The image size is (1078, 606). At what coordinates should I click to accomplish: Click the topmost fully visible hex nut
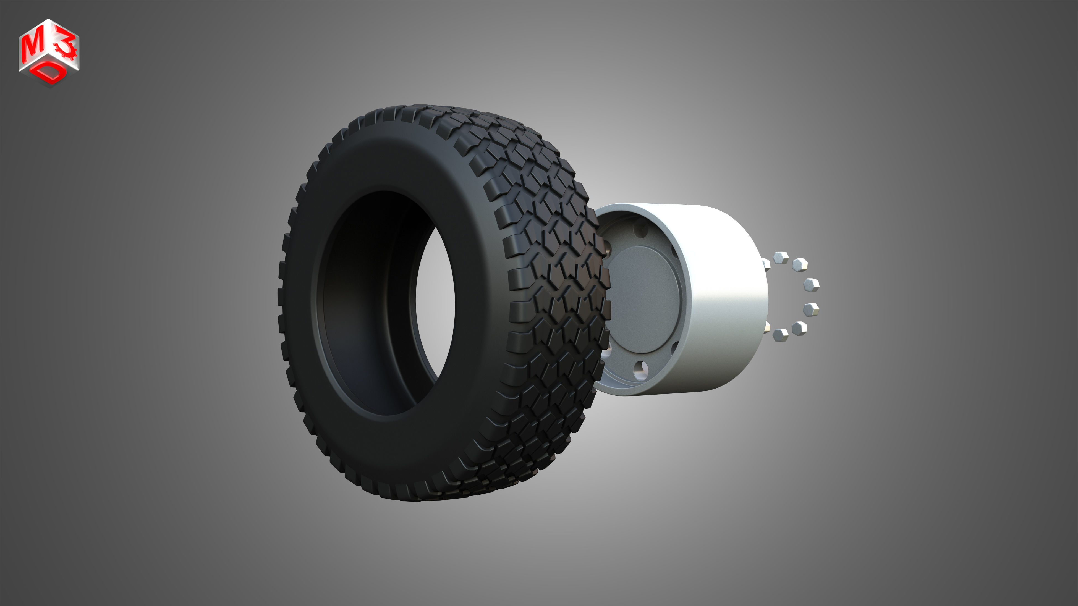pyautogui.click(x=781, y=258)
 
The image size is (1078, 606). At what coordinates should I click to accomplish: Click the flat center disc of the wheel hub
pyautogui.click(x=642, y=299)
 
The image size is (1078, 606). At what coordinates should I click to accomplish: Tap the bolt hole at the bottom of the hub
pyautogui.click(x=640, y=369)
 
